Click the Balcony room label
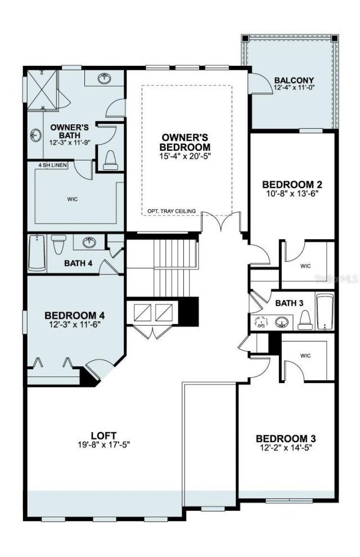(294, 80)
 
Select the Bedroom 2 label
(292, 184)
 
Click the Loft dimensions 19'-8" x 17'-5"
(103, 444)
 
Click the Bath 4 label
(78, 262)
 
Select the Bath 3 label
(289, 303)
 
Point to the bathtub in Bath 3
(325, 311)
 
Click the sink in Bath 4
(89, 242)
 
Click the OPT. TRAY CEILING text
(172, 211)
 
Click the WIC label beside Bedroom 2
(305, 266)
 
